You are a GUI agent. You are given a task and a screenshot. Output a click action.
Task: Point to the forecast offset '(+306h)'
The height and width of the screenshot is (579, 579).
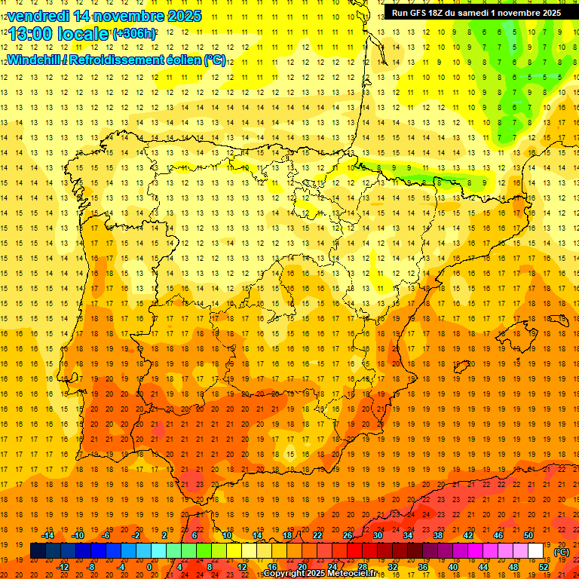click(135, 34)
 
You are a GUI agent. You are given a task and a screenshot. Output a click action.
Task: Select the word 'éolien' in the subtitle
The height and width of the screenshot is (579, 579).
click(182, 60)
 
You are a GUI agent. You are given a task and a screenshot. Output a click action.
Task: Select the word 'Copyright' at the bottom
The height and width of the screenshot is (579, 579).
click(284, 574)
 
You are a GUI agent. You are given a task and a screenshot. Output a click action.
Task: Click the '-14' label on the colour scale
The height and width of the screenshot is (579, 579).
click(48, 535)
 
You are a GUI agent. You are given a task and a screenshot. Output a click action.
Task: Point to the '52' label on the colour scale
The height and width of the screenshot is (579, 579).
click(544, 567)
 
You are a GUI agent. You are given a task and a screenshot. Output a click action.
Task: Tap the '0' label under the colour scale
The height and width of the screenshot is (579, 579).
click(149, 567)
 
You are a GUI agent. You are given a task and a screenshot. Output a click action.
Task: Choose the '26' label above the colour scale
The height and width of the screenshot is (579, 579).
click(347, 535)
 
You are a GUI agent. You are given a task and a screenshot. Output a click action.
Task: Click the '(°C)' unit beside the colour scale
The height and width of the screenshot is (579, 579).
click(562, 552)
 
